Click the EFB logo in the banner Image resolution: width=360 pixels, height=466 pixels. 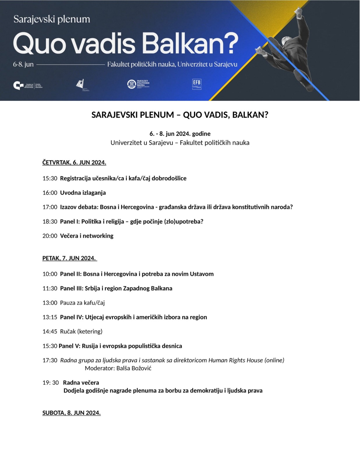pyautogui.click(x=197, y=84)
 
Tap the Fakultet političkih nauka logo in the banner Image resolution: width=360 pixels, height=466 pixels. pyautogui.click(x=138, y=84)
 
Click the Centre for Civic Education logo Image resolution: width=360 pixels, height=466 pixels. pyautogui.click(x=28, y=86)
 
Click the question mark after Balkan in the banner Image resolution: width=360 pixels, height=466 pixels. pyautogui.click(x=230, y=44)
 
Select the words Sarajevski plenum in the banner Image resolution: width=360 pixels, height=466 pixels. pyautogui.click(x=52, y=19)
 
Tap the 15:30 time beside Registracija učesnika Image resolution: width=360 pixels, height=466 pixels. pyautogui.click(x=50, y=178)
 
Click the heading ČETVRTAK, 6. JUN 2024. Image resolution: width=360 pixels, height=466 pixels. pyautogui.click(x=74, y=163)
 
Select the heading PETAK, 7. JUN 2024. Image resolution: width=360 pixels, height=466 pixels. pyautogui.click(x=69, y=258)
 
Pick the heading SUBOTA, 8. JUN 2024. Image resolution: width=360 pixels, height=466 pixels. pyautogui.click(x=71, y=413)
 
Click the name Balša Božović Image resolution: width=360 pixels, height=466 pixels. pyautogui.click(x=134, y=368)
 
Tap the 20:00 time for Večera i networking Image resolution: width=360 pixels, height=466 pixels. pyautogui.click(x=50, y=236)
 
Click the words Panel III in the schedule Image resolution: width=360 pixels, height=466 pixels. pyautogui.click(x=71, y=288)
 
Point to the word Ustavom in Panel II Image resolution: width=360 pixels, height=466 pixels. pyautogui.click(x=202, y=274)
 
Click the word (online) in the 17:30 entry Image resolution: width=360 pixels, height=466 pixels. pyautogui.click(x=274, y=360)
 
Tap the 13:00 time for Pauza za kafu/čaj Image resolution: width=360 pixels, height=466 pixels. pyautogui.click(x=50, y=303)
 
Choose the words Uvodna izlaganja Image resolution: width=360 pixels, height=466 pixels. pyautogui.click(x=83, y=193)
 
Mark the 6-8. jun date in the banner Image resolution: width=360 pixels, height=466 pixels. pyautogui.click(x=23, y=64)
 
